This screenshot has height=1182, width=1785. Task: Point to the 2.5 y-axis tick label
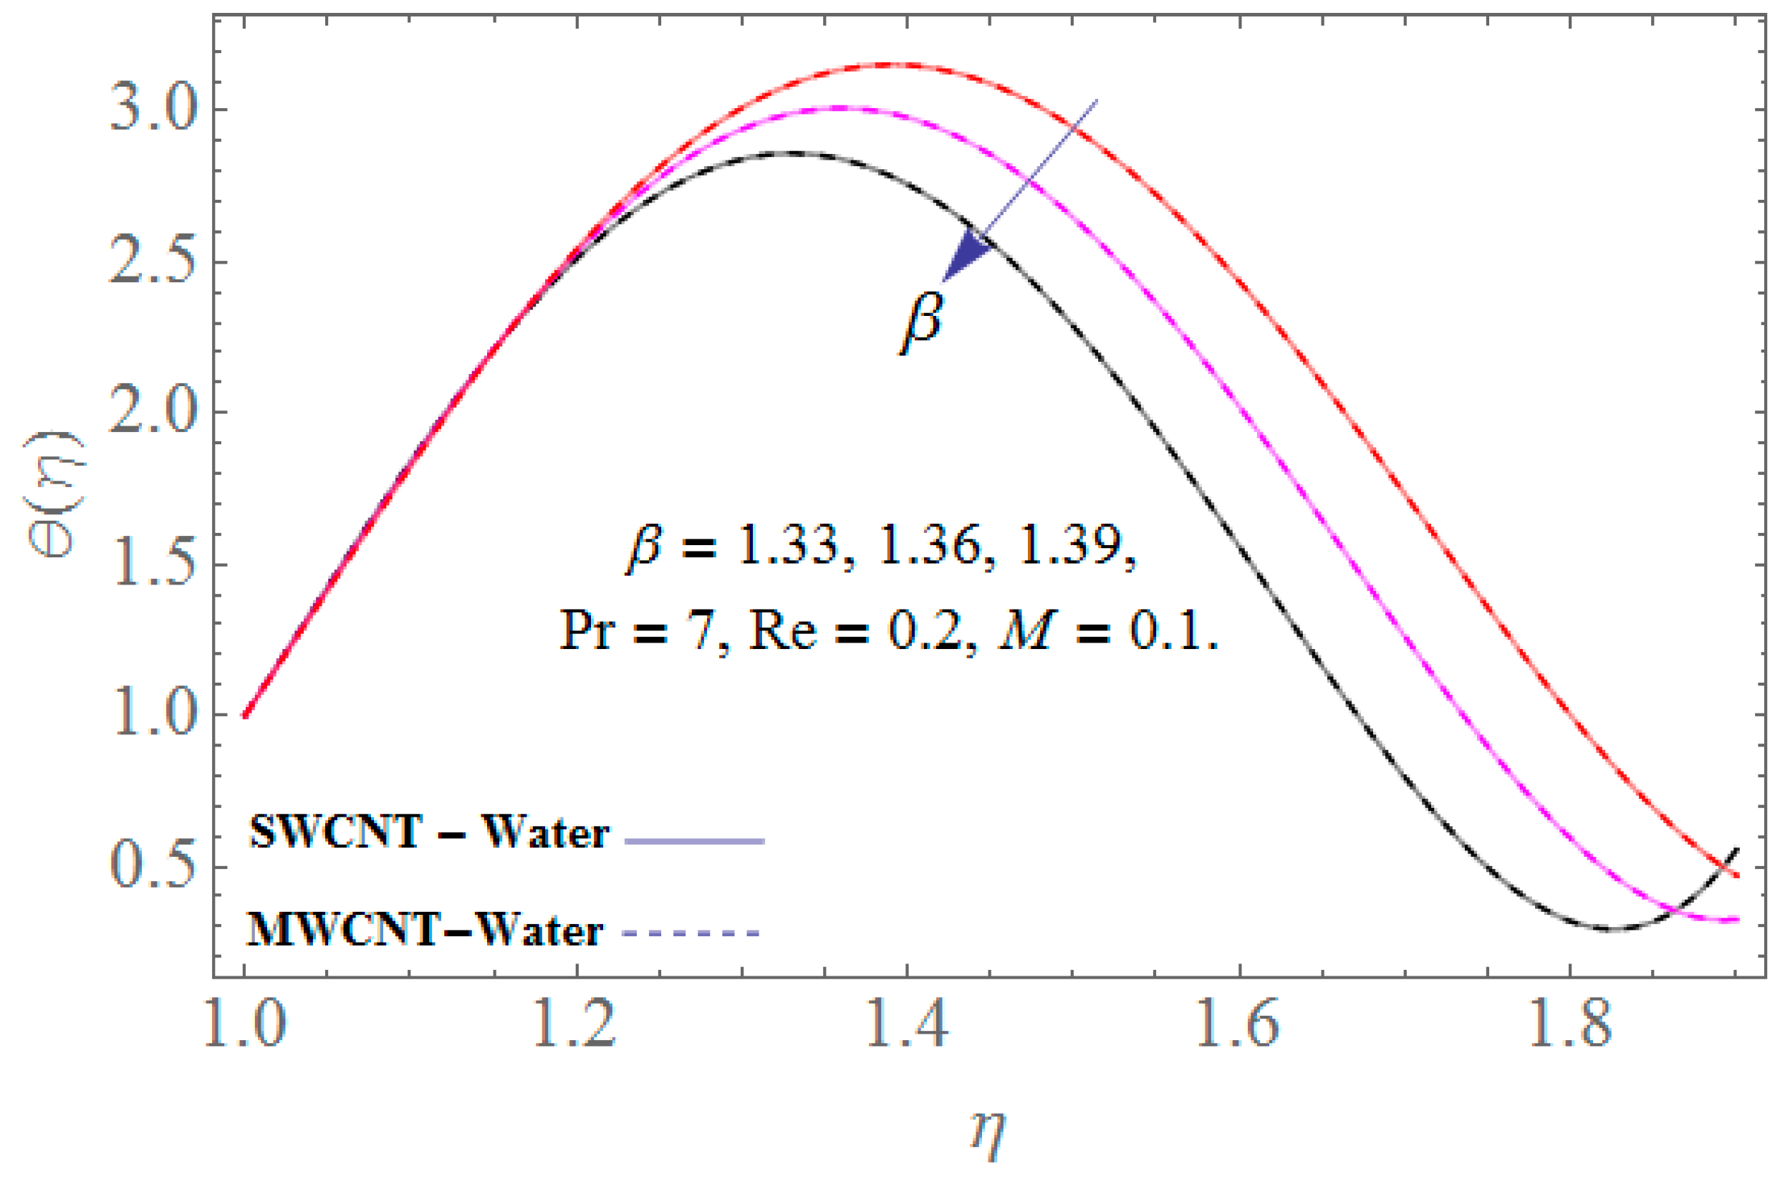click(154, 263)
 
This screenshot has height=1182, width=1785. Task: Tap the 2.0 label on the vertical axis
click(154, 413)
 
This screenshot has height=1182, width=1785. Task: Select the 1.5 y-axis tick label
click(154, 565)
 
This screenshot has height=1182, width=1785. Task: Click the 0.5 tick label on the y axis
click(154, 868)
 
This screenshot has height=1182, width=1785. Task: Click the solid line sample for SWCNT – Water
click(695, 840)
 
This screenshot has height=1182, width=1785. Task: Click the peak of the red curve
click(897, 64)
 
